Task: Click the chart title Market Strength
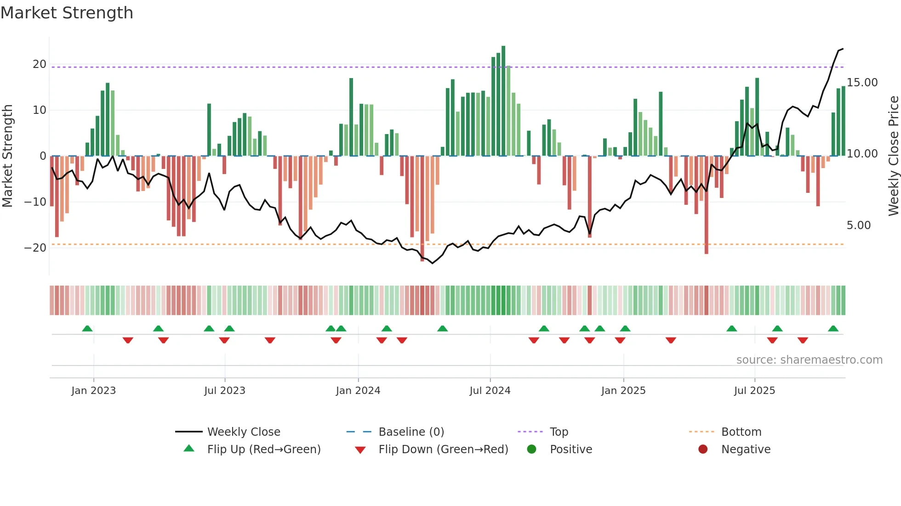point(67,13)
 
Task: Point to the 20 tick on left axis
point(40,64)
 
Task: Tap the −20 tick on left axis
point(35,248)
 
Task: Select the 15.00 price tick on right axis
point(862,83)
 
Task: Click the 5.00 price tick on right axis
point(858,225)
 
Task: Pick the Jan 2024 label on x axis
point(358,391)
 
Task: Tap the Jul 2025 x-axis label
point(754,391)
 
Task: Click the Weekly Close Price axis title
point(893,156)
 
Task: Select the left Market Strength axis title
point(8,156)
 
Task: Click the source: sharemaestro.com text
point(809,360)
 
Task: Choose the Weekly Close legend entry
point(243,432)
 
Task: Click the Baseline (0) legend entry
point(411,432)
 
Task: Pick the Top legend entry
point(559,432)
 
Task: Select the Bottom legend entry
point(741,432)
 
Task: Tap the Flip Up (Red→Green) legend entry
point(263,450)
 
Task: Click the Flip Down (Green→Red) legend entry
point(443,450)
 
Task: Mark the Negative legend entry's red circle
point(703,450)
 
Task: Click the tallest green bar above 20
point(503,101)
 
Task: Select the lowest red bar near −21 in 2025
point(706,207)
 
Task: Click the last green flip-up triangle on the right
point(833,329)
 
